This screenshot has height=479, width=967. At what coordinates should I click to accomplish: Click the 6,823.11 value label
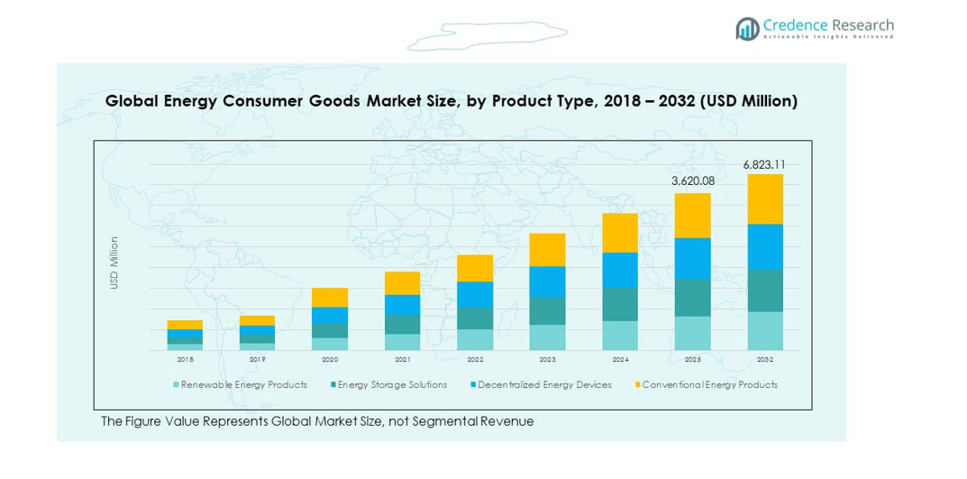coord(764,164)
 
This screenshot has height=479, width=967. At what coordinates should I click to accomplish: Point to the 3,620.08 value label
coord(692,181)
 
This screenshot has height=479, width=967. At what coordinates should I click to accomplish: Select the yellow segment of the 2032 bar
coord(765,198)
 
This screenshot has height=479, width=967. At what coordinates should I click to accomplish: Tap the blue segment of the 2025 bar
coord(692,258)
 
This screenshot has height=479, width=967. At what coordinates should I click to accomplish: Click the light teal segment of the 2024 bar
coord(620,335)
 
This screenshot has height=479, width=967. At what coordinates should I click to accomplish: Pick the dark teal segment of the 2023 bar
coord(547,311)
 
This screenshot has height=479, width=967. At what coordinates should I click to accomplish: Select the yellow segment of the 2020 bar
coord(330,298)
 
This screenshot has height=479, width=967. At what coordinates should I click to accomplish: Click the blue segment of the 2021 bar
coord(402,305)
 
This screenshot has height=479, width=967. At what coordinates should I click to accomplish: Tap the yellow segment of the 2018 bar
coord(185,325)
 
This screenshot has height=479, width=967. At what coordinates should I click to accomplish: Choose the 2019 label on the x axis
coord(257,359)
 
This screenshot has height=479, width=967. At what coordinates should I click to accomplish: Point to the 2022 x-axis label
coord(474,359)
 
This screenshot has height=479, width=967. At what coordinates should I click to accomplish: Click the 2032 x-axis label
coord(765,359)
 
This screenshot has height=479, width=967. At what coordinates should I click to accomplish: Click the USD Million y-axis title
coord(114,263)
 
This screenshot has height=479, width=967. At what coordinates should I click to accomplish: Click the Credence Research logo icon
coord(746,29)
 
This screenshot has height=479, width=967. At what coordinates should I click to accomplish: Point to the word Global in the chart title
coord(132,101)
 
